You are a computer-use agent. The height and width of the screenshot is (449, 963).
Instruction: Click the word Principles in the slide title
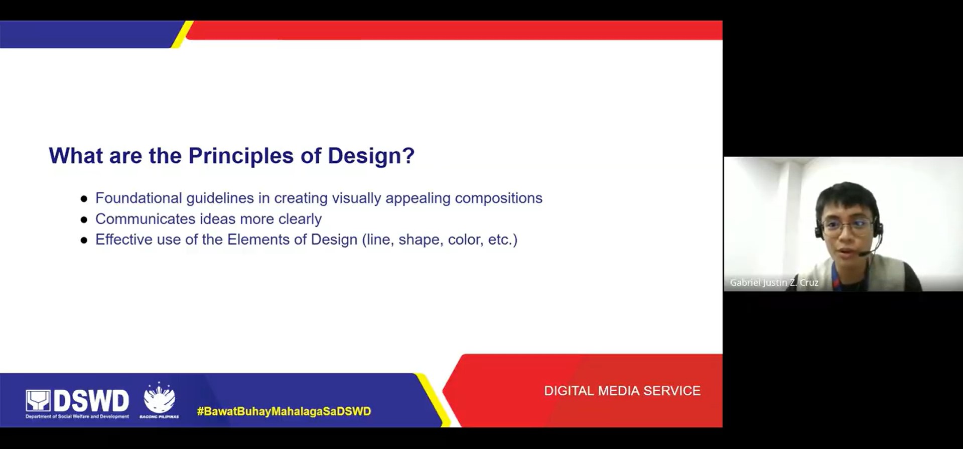(x=241, y=156)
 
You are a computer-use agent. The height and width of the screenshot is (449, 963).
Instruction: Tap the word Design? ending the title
(x=371, y=156)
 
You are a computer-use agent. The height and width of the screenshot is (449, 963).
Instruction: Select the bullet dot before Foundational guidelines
(x=84, y=199)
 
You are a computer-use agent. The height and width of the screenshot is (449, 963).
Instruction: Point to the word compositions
(x=498, y=198)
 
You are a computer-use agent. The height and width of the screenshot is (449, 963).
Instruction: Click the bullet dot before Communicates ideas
(x=84, y=219)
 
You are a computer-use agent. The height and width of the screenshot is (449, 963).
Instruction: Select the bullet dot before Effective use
(x=84, y=241)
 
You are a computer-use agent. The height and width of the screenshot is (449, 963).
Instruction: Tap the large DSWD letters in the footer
(x=91, y=401)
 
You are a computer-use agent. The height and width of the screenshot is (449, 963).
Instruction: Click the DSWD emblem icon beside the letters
(x=38, y=401)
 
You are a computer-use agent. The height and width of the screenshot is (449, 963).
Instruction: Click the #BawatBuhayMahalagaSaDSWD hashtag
(x=284, y=411)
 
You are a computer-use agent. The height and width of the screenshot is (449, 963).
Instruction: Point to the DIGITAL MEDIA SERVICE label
(x=622, y=391)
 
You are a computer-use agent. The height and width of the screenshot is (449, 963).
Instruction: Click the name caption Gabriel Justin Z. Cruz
(x=774, y=283)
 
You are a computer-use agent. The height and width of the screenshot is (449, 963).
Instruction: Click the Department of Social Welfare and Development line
(x=77, y=416)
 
